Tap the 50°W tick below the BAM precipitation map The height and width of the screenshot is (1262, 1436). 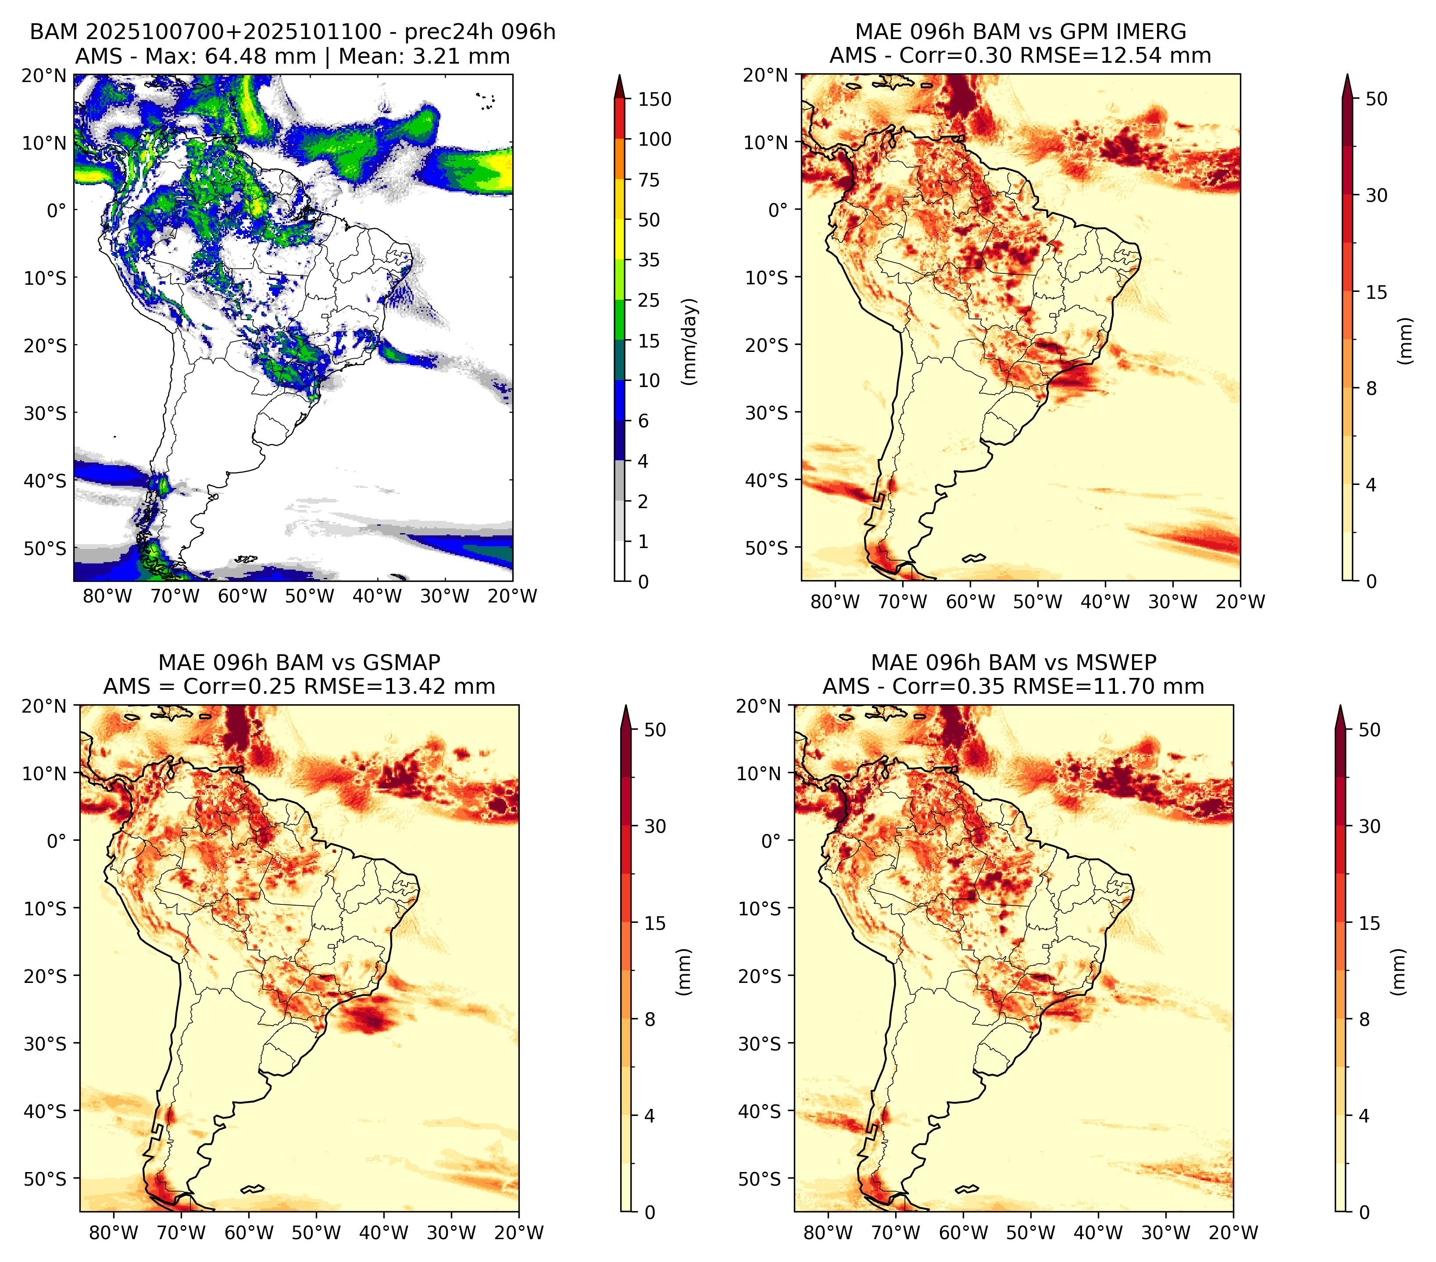pyautogui.click(x=310, y=597)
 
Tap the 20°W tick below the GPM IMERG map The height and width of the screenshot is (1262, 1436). pyautogui.click(x=1240, y=602)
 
